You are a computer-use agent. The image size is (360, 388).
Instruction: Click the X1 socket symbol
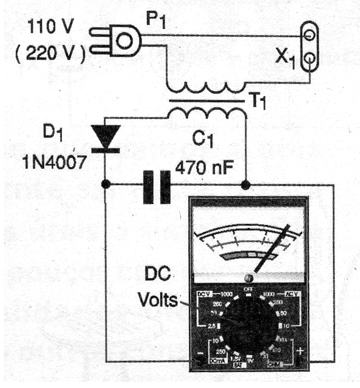click(308, 46)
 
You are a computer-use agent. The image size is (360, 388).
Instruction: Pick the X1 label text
click(283, 56)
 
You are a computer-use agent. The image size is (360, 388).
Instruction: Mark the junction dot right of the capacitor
click(246, 185)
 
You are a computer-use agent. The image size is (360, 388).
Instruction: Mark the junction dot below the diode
click(105, 185)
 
